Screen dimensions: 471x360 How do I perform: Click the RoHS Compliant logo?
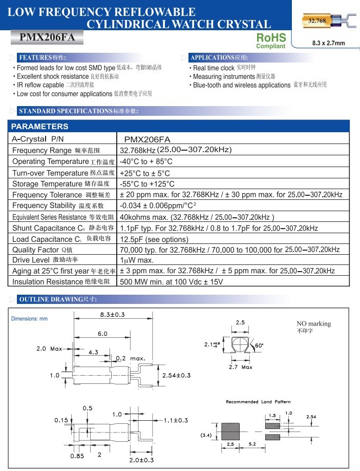270,40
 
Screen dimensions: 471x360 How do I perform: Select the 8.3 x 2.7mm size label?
328,43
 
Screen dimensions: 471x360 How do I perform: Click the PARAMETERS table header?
40,127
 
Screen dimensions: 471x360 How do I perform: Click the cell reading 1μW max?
137,260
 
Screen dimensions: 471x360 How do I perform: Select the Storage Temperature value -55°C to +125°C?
147,184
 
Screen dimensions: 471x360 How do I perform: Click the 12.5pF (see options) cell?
154,239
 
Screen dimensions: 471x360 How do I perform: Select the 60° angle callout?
259,345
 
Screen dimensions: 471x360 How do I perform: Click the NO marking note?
313,324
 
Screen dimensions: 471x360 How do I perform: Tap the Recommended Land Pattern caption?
258,402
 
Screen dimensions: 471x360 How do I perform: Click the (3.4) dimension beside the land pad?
205,435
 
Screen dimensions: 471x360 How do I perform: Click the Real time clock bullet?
214,68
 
